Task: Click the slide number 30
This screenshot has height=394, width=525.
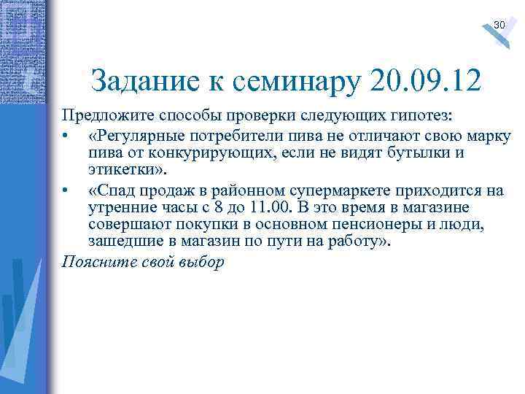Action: pos(499,26)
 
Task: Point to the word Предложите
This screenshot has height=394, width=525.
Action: pos(104,117)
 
